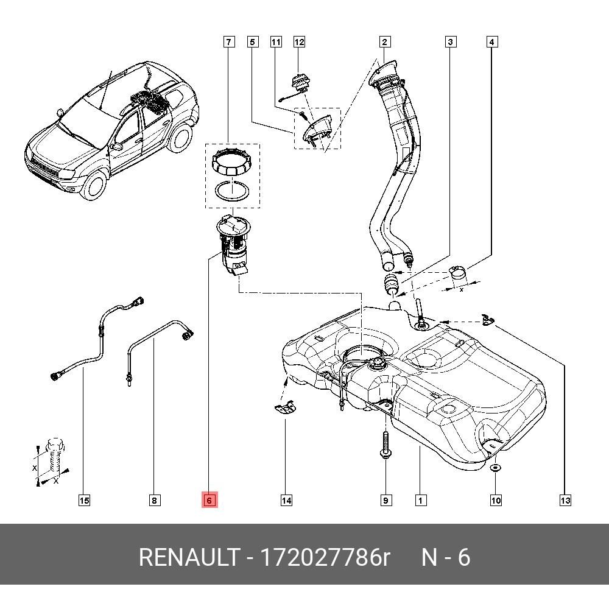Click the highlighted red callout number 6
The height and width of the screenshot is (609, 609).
(209, 501)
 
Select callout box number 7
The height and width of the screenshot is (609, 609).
(228, 42)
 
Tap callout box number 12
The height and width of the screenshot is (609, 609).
(299, 42)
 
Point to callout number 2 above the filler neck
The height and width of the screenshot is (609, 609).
(384, 42)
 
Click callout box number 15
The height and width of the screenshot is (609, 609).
(84, 501)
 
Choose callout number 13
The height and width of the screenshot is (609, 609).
(565, 501)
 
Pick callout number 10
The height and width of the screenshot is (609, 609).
(496, 501)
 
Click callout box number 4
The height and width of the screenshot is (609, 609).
(492, 42)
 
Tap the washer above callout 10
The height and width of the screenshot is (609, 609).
(496, 468)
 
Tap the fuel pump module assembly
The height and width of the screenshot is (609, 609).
(234, 244)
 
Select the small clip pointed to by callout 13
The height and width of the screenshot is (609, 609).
(487, 319)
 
